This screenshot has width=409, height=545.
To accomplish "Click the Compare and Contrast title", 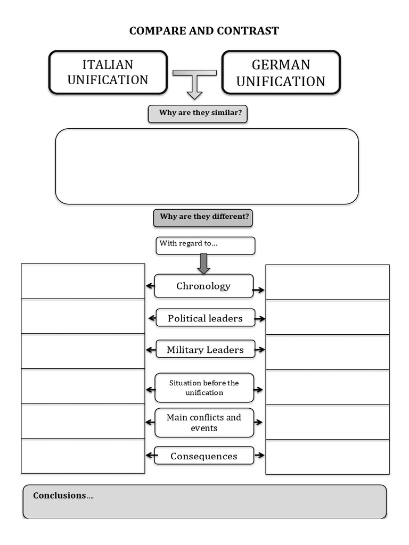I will pyautogui.click(x=204, y=31).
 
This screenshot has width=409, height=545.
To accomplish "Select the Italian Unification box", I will pyautogui.click(x=108, y=72).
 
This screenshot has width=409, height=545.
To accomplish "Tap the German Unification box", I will pyautogui.click(x=281, y=73).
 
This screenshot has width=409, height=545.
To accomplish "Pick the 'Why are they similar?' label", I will pyautogui.click(x=198, y=113).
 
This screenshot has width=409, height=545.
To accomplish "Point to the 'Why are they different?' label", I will pyautogui.click(x=203, y=217).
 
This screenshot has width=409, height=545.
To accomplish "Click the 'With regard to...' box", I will pyautogui.click(x=205, y=245).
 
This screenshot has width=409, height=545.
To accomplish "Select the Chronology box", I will pyautogui.click(x=203, y=286).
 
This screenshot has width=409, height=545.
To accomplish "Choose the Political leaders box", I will pyautogui.click(x=205, y=318).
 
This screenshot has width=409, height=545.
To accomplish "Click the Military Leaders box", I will pyautogui.click(x=205, y=350).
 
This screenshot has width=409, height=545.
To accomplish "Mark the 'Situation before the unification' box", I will pyautogui.click(x=204, y=388).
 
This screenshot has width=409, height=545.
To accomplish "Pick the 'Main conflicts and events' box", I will pyautogui.click(x=204, y=423).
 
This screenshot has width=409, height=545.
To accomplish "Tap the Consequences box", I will pyautogui.click(x=204, y=456).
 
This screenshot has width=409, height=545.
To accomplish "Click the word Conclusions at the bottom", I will pyautogui.click(x=60, y=496).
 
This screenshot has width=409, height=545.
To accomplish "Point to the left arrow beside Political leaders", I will pyautogui.click(x=152, y=318).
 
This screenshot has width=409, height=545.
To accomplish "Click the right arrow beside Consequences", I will pyautogui.click(x=259, y=456).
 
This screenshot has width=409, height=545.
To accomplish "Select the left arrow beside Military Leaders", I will pyautogui.click(x=150, y=350).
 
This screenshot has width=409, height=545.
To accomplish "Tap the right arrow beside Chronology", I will pyautogui.click(x=259, y=290).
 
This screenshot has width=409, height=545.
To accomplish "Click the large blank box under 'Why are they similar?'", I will pyautogui.click(x=207, y=166).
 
